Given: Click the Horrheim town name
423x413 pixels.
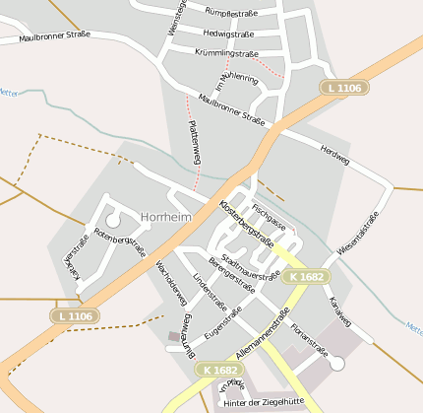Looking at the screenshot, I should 165,216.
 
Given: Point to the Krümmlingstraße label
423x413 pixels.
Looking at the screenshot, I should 226,53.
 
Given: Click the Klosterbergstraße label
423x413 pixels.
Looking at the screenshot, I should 246,224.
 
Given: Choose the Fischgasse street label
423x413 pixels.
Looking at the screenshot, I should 268,218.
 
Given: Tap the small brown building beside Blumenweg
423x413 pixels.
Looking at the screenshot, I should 174,337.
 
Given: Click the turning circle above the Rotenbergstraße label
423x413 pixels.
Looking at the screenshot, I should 113,221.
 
